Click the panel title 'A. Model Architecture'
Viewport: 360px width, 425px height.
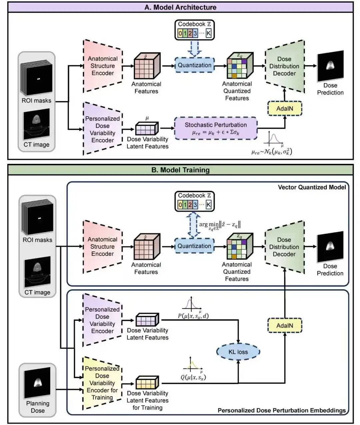[x=180, y=7]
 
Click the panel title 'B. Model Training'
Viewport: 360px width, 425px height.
[x=180, y=170]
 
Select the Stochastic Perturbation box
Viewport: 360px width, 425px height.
[x=216, y=128]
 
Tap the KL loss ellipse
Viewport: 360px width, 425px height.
[x=238, y=352]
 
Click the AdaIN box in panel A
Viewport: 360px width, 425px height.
[x=285, y=108]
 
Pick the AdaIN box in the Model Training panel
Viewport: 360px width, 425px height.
[x=285, y=325]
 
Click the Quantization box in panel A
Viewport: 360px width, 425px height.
[x=195, y=65]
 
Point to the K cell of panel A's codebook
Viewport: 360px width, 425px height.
[x=208, y=33]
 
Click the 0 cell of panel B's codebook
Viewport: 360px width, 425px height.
[x=180, y=205]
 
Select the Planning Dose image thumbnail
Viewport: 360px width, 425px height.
[x=37, y=383]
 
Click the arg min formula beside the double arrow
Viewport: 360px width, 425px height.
[x=220, y=225]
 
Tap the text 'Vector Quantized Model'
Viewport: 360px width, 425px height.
[x=312, y=187]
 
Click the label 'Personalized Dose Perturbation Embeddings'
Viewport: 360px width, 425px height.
[x=282, y=410]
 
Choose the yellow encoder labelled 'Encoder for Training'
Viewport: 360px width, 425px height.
[x=102, y=383]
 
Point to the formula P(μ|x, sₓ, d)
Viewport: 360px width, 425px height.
[x=193, y=316]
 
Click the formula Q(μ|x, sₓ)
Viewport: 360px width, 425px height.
[x=193, y=377]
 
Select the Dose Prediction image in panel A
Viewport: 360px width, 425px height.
[x=330, y=66]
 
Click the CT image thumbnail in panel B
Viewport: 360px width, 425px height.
[x=37, y=272]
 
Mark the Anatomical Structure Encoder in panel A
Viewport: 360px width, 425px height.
[x=103, y=66]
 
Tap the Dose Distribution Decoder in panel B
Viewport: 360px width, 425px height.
[x=284, y=247]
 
